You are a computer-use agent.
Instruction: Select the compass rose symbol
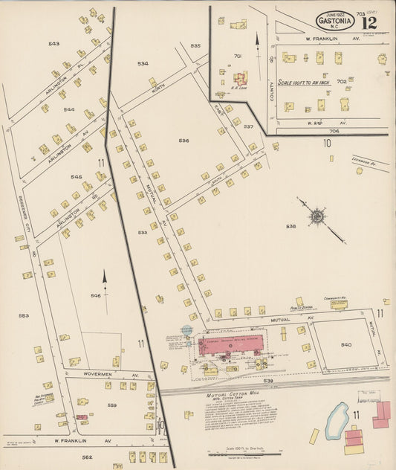tap(317, 216)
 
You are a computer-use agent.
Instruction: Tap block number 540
tap(346, 344)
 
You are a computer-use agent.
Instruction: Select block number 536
tap(184, 140)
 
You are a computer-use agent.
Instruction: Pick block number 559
tap(112, 405)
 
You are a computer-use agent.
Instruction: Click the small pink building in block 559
tap(80, 417)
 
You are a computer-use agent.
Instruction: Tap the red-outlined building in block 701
tap(241, 77)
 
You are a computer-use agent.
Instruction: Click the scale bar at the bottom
tap(242, 454)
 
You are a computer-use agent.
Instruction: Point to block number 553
tap(24, 315)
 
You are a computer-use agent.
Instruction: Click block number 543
tap(53, 44)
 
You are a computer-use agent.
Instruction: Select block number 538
tap(290, 226)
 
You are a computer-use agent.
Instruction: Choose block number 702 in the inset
tap(342, 81)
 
